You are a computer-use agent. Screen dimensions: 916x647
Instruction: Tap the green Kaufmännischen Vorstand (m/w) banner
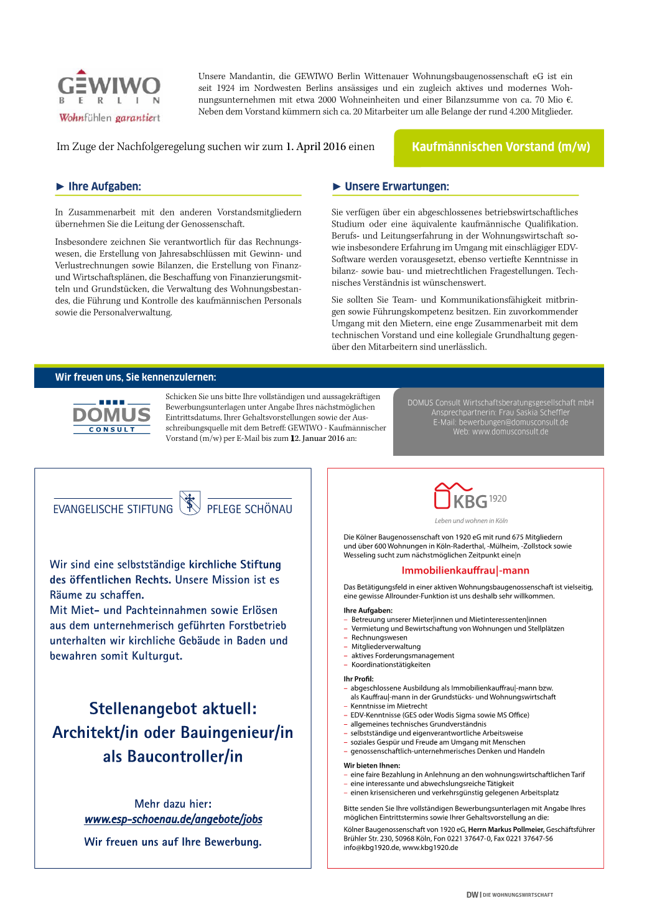coord(500,148)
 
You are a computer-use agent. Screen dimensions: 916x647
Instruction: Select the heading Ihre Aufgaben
coord(105,186)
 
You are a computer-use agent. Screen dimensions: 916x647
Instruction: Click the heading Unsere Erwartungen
coord(396,186)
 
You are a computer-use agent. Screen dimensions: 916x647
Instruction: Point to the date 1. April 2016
coord(315,147)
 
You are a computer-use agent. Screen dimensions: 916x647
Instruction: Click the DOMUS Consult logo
coord(112,417)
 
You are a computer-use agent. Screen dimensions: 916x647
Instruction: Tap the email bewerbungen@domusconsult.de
coord(513,422)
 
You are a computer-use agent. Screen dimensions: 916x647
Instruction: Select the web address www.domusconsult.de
coord(510,432)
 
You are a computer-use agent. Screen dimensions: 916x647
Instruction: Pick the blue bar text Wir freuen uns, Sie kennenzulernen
coord(136,377)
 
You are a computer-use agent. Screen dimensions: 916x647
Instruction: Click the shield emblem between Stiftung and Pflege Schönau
coord(190,503)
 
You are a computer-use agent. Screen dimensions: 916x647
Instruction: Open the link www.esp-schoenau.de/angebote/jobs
coord(174,819)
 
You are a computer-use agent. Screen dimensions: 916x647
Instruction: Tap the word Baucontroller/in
coord(173,757)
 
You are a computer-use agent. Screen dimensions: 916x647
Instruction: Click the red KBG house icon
coord(442,496)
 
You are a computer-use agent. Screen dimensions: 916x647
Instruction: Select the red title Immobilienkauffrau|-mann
coord(465,570)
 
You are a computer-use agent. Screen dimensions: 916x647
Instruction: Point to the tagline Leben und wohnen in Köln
coord(471,521)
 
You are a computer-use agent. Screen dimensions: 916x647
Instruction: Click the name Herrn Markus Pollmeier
coord(506,829)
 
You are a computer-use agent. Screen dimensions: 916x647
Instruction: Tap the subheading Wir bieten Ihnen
coord(372,766)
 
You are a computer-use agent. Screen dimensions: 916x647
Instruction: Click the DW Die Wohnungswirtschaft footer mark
coord(510,895)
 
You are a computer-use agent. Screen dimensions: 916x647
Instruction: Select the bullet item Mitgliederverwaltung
coord(386,646)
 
